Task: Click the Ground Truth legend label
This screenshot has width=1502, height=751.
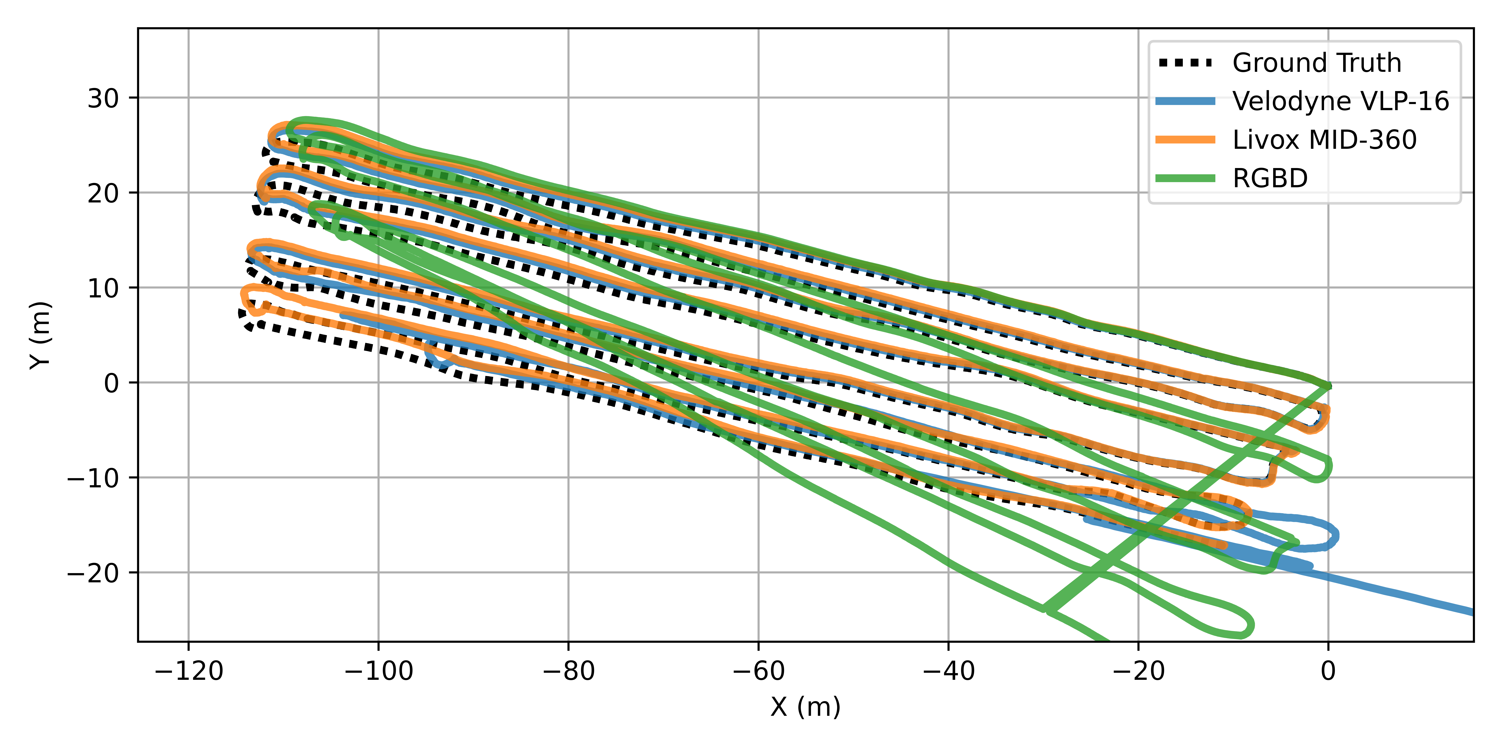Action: (1317, 63)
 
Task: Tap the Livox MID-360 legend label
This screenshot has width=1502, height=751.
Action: (1324, 140)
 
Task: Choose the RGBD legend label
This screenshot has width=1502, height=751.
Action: (1270, 178)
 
